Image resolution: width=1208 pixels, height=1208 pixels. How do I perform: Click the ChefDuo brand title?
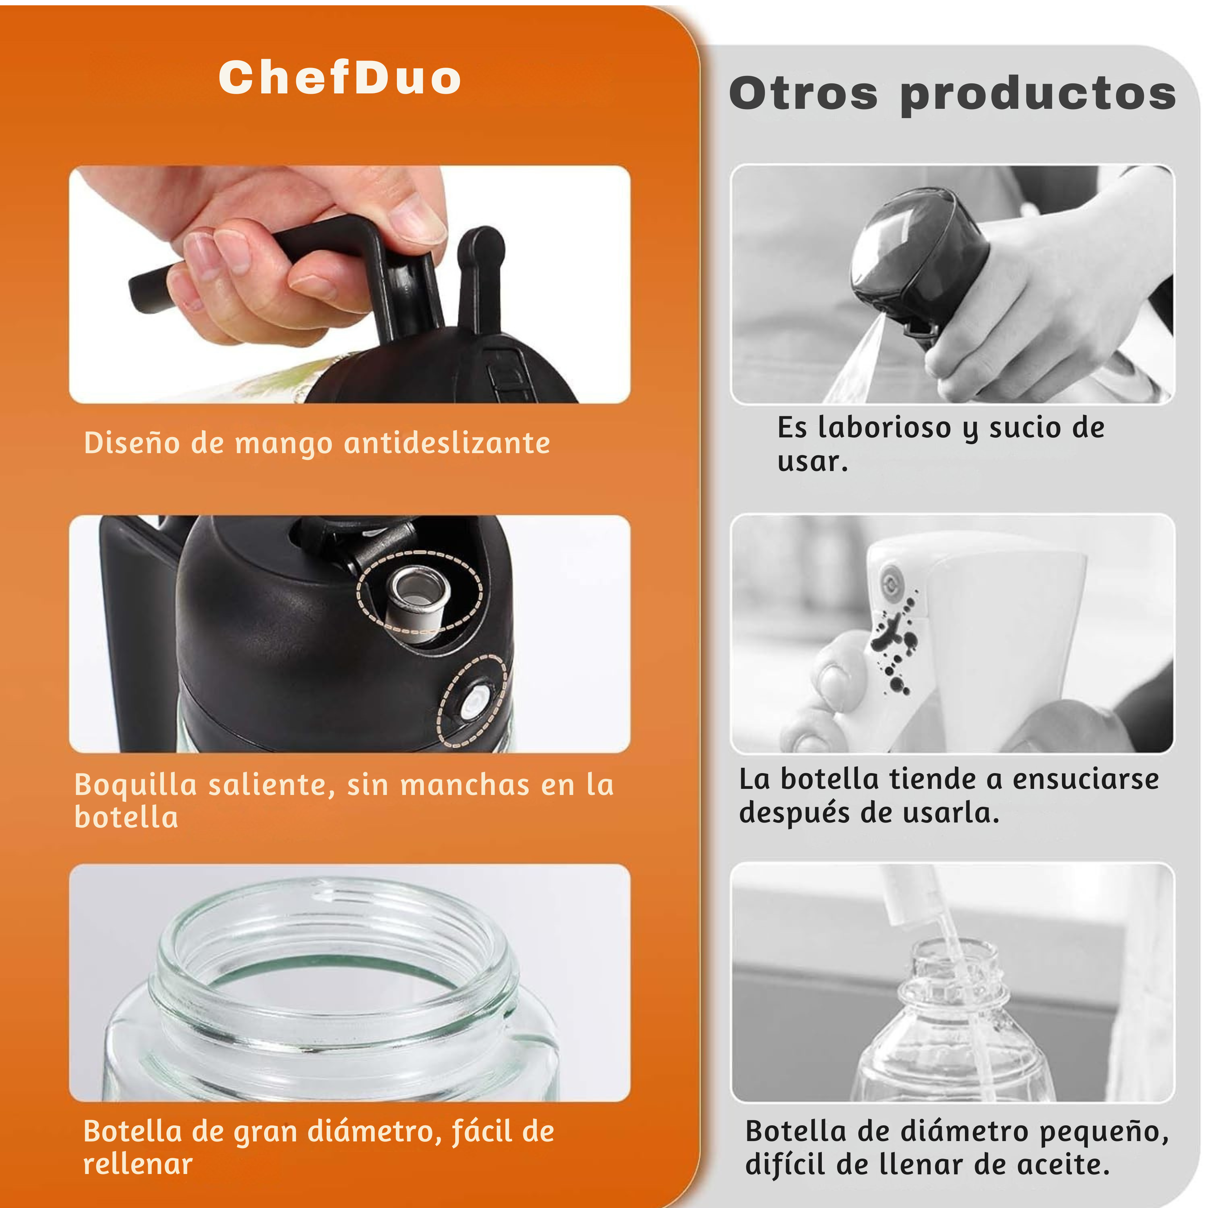coord(340,78)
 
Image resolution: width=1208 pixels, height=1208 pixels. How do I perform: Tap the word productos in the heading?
coord(1038,95)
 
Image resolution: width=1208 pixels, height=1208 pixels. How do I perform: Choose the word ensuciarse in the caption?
coord(1086,780)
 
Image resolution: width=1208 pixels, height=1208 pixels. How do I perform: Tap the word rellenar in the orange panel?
coord(137,1164)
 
